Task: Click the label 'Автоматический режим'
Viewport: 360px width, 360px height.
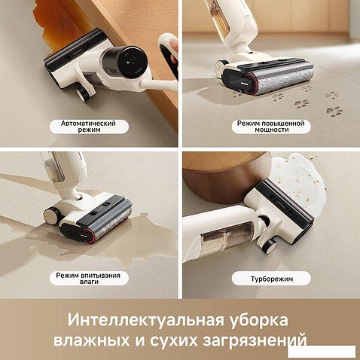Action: click(x=88, y=127)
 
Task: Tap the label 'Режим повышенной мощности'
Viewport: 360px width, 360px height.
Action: click(x=271, y=127)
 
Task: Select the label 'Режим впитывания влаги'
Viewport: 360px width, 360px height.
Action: click(x=88, y=279)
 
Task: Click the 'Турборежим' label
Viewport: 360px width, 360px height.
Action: click(x=272, y=279)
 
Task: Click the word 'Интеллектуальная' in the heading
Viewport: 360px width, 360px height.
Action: click(x=145, y=320)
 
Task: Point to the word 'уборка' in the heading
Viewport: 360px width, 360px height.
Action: click(x=259, y=319)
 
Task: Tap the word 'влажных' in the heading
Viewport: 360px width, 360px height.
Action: click(x=92, y=340)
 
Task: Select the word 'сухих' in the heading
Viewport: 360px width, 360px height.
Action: click(x=173, y=341)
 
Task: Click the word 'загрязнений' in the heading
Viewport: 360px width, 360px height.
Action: click(x=255, y=340)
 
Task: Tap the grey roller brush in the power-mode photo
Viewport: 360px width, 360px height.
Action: click(x=285, y=79)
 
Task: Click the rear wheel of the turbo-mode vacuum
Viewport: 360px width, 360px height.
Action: click(x=268, y=246)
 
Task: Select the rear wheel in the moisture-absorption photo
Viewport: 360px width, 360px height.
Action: click(x=51, y=215)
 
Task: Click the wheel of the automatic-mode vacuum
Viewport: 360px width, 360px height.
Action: click(x=82, y=94)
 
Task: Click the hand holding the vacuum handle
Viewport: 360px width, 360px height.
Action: click(x=174, y=54)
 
